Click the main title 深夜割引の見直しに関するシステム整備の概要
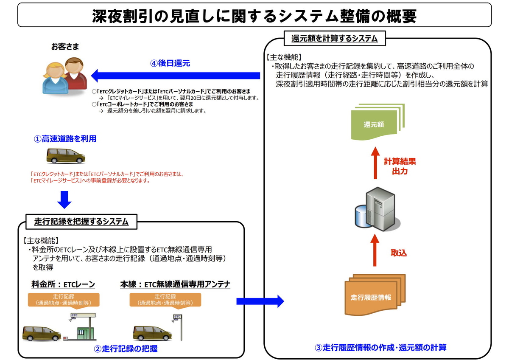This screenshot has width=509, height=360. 254,16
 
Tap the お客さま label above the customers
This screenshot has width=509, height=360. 65,47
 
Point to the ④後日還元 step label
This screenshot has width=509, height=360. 170,63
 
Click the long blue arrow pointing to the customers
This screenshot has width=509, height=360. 176,76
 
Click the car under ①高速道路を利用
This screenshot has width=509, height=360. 65,156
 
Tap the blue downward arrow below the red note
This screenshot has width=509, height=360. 64,199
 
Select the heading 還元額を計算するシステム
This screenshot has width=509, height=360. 334,39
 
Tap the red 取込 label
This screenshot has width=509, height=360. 398,253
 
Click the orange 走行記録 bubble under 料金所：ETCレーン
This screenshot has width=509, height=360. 64,300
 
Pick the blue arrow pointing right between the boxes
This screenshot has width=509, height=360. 260,301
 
